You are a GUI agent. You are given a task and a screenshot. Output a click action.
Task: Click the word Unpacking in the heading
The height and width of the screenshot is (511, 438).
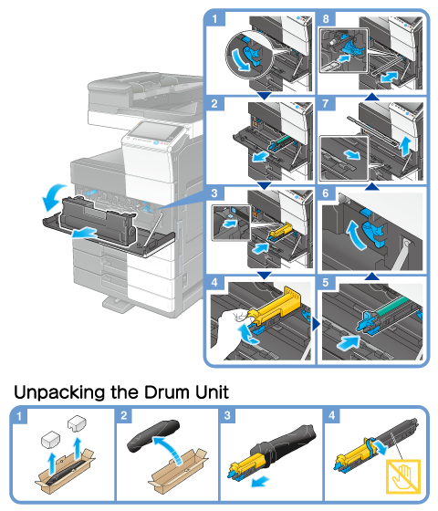[x=60, y=393]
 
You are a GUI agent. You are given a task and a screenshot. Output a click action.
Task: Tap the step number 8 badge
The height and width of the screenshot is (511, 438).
[x=326, y=18]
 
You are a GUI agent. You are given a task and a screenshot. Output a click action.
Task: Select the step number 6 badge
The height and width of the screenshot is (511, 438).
[x=326, y=193]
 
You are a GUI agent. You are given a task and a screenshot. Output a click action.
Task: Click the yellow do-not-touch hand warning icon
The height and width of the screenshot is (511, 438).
[x=403, y=476]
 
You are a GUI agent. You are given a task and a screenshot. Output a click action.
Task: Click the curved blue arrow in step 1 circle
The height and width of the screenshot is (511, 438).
[x=241, y=59]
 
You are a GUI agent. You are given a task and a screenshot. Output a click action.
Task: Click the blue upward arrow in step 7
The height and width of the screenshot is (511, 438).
[x=405, y=146]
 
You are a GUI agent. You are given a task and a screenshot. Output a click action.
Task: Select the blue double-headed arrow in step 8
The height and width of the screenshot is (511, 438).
[x=389, y=78]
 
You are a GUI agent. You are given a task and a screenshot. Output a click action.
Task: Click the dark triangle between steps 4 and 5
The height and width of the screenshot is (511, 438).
[x=316, y=324]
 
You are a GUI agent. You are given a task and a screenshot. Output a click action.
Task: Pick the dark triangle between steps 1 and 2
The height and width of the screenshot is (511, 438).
[x=265, y=95]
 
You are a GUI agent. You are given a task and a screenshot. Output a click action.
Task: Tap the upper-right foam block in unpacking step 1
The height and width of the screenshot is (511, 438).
[x=77, y=423]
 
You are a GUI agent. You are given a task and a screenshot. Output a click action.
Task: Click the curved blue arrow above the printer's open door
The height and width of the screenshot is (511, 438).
[x=53, y=196]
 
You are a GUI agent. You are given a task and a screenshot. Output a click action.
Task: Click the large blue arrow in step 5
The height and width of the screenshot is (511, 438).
[x=348, y=343]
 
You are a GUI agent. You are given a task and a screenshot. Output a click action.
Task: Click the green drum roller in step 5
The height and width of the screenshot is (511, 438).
[x=393, y=306]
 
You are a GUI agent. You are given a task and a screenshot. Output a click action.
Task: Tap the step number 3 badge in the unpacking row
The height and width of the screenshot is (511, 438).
[x=227, y=415]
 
